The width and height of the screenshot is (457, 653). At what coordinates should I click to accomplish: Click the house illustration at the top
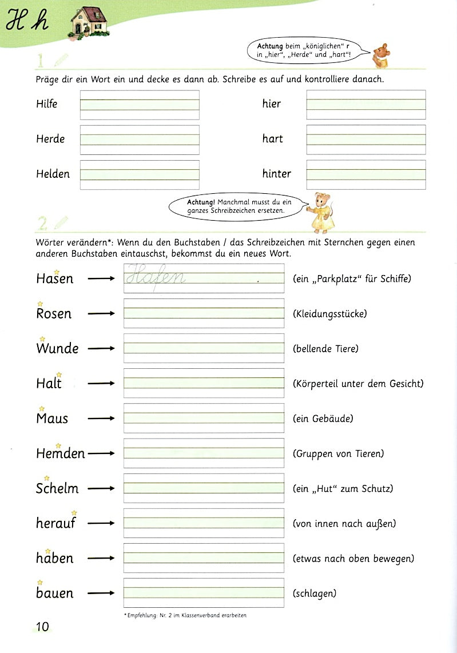[x=89, y=22]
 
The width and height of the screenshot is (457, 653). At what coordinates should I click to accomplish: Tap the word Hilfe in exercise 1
[x=47, y=104]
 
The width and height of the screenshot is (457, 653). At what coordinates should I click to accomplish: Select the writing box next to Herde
[x=140, y=140]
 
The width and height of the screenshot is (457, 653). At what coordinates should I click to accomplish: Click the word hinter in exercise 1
[x=277, y=174]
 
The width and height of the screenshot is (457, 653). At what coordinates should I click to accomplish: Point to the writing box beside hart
[x=366, y=140]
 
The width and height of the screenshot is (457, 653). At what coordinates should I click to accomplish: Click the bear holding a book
[x=381, y=55]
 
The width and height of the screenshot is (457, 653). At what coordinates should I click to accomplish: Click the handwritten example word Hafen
[x=156, y=277]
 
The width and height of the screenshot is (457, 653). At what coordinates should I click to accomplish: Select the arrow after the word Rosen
[x=102, y=314]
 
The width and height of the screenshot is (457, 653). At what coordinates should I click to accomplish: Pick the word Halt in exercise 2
[x=49, y=384]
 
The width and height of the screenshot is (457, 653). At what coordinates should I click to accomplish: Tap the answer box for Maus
[x=204, y=418]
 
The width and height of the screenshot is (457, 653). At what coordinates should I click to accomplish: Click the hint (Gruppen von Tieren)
[x=338, y=453]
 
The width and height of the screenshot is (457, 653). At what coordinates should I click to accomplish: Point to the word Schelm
[x=57, y=489]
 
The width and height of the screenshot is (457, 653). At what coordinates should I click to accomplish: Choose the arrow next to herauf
[x=102, y=523]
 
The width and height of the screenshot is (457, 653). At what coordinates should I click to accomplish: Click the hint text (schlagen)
[x=314, y=593]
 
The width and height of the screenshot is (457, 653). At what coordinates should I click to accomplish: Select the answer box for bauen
[x=204, y=593]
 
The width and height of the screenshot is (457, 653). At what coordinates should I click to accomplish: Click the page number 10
[x=42, y=627]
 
